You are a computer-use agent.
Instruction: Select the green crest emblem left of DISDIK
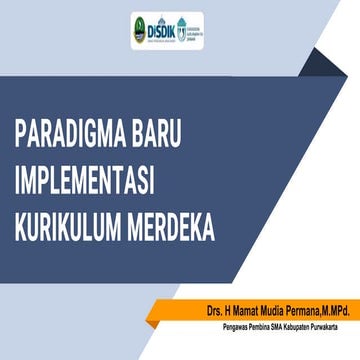(139, 27)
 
